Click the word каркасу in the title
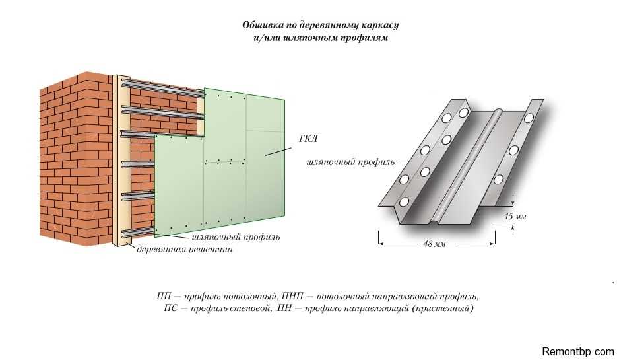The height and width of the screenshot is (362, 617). click(379, 26)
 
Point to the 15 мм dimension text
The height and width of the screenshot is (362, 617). click(515, 216)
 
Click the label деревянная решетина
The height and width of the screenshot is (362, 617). click(184, 250)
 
